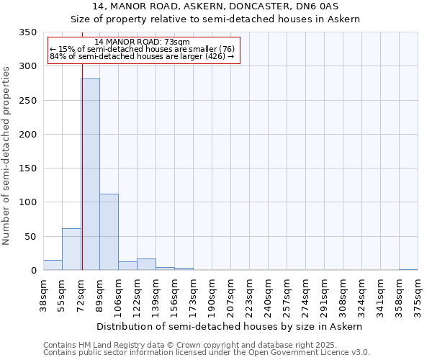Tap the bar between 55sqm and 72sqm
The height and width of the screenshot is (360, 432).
[x=71, y=249]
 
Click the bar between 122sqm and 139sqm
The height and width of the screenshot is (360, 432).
[x=146, y=264]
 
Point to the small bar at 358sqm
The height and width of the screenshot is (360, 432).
[x=408, y=269]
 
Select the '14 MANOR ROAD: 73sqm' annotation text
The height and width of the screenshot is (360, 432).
[x=142, y=42]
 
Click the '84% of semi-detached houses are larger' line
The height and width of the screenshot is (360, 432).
[x=142, y=57]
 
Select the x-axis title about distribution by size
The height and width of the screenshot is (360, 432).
[x=230, y=326]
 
